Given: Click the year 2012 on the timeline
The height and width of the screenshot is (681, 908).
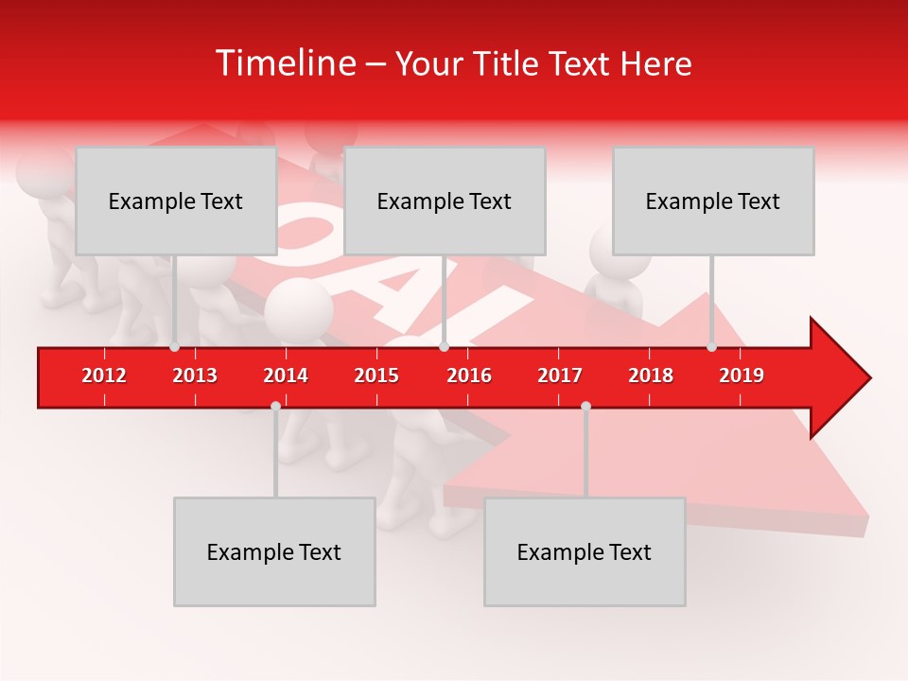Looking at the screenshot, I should click(104, 375).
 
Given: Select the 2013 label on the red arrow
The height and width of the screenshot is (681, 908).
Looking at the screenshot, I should click(195, 375).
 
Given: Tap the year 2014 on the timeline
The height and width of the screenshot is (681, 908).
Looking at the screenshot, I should click(286, 375).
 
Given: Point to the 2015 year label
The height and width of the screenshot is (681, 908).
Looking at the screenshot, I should click(376, 375).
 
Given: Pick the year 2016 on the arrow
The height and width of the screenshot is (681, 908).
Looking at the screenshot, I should click(469, 375).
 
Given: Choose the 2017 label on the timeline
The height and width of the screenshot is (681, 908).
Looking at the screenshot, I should click(560, 375).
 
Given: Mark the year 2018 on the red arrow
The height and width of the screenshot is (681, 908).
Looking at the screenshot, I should click(651, 375).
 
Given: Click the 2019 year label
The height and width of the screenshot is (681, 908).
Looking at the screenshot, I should click(742, 375).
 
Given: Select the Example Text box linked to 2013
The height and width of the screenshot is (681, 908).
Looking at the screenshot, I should click(176, 201).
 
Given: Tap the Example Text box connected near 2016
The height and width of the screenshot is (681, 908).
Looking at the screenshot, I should click(445, 201).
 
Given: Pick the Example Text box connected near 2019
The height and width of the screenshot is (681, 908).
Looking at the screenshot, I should click(713, 201).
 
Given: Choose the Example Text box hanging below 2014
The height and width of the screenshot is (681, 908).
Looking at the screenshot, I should click(274, 551).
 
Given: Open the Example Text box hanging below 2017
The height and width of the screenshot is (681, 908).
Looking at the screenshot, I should click(585, 551).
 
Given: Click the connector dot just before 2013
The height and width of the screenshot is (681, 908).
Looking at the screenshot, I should click(175, 347).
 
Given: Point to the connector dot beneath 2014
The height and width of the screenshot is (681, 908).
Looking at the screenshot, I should click(275, 406).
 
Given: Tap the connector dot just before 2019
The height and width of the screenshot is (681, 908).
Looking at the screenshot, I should click(712, 347).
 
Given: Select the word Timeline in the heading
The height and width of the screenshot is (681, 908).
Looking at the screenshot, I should click(285, 63).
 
